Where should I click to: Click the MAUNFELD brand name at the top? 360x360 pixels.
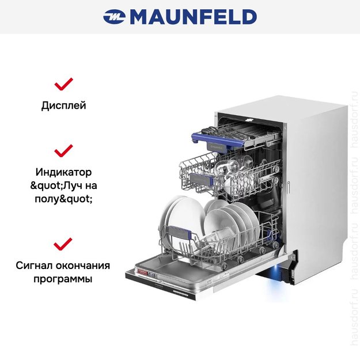[x=193, y=17]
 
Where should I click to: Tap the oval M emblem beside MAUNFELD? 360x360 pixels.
[x=114, y=17]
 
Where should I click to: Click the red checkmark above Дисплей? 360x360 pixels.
[x=63, y=84]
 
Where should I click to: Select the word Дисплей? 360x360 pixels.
[x=63, y=106]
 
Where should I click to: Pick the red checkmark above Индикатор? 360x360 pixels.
[x=63, y=150]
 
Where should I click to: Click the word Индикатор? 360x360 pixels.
[x=63, y=172]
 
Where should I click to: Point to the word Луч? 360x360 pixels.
[x=73, y=185]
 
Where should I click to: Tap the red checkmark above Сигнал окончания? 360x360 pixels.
[x=63, y=244]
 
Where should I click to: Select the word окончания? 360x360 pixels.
[x=83, y=266]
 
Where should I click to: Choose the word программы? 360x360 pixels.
[x=63, y=279]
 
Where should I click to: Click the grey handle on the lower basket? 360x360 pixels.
[x=179, y=233]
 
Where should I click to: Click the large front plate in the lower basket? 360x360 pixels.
[x=185, y=221]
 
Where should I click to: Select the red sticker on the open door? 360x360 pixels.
[x=142, y=272]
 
